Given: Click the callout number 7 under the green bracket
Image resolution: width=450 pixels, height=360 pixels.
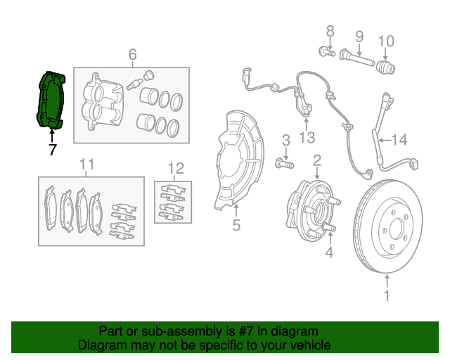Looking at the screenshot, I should pyautogui.click(x=51, y=149).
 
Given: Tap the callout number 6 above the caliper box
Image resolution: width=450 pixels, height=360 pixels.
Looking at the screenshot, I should pyautogui.click(x=131, y=55).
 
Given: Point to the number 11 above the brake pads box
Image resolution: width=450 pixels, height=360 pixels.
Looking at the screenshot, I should pyautogui.click(x=86, y=165).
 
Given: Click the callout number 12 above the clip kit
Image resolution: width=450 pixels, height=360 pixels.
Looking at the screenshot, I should pyautogui.click(x=175, y=168).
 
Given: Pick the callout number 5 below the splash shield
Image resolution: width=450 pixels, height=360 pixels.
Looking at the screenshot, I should pyautogui.click(x=236, y=225).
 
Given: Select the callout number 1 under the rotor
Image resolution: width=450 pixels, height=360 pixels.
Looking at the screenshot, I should pyautogui.click(x=386, y=296).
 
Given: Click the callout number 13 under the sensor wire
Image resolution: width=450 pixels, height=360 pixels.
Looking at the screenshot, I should pyautogui.click(x=307, y=137).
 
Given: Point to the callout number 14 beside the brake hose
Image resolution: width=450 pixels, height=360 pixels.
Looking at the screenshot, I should pyautogui.click(x=399, y=140).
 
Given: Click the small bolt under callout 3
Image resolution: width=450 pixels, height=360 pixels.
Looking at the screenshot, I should pyautogui.click(x=283, y=164).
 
